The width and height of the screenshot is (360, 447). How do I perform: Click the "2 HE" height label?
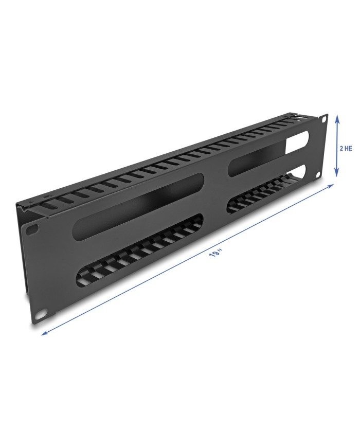(346, 148)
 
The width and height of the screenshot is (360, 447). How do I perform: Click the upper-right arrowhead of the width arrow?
(331, 186)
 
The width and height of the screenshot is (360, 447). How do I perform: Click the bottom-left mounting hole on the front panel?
(40, 314)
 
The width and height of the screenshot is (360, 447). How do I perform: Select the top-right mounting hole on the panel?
(323, 119)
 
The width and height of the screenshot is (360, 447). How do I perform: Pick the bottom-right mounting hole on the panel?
(317, 175)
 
